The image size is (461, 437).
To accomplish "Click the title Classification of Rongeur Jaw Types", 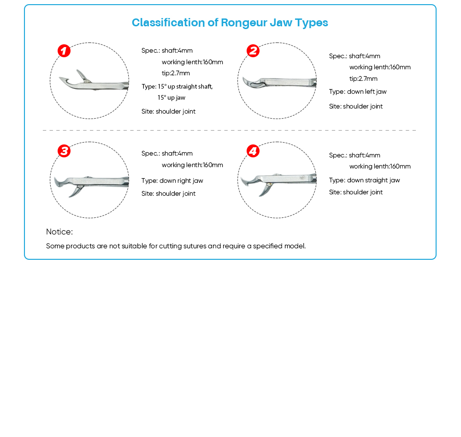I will click(230, 23).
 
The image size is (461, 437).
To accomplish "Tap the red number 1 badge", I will click(64, 51).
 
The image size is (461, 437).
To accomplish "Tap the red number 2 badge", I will click(253, 51).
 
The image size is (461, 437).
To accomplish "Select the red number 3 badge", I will click(64, 151).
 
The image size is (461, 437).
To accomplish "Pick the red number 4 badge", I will click(253, 151).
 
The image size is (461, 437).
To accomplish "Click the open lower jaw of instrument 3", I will click(75, 192).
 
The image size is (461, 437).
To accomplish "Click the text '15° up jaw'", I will click(171, 98).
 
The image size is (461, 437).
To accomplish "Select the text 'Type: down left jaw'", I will click(358, 92).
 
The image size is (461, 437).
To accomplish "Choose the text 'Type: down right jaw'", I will click(172, 181).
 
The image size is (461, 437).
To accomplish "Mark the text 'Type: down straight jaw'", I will click(364, 180).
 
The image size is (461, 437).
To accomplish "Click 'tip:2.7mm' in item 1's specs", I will click(176, 73).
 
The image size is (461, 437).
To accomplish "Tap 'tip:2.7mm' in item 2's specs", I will click(363, 79).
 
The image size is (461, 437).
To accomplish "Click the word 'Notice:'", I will click(59, 232).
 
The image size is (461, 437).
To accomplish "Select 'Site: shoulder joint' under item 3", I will click(168, 194).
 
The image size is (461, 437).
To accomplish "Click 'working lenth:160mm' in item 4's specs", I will click(379, 167).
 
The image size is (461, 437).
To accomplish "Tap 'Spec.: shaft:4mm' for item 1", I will click(167, 51).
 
